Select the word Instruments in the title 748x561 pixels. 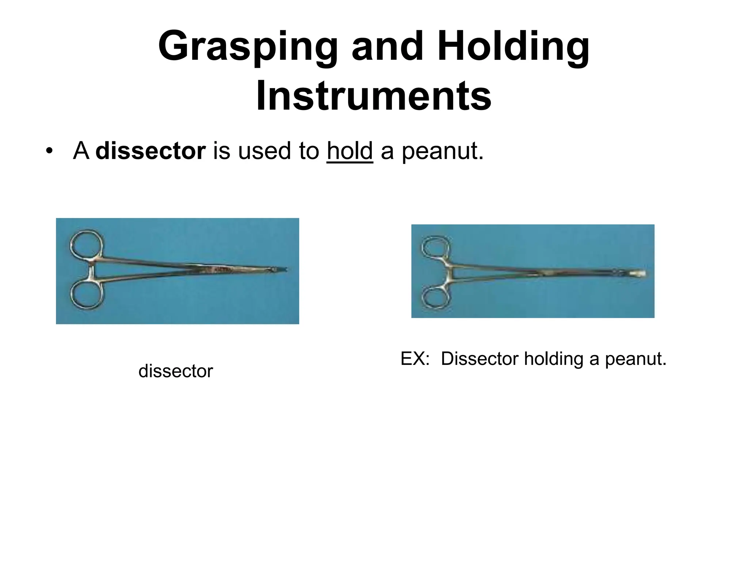pos(374,96)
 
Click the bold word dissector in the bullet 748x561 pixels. pos(150,151)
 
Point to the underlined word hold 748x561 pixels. pos(350,151)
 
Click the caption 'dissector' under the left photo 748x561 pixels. pos(175,371)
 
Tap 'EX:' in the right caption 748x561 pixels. pos(415,359)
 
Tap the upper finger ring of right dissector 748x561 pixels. pos(435,248)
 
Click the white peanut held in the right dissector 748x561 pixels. pos(637,274)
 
